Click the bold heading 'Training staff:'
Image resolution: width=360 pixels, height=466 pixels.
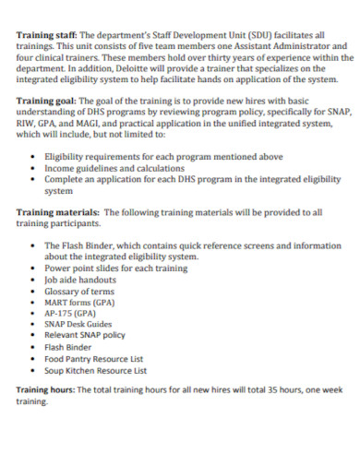point(44,36)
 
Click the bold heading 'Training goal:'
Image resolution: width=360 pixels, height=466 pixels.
point(44,102)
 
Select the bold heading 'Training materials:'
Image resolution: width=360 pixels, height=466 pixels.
point(54,211)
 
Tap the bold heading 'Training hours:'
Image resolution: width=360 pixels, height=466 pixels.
point(46,389)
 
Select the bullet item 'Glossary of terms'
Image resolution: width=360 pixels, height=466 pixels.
point(79,291)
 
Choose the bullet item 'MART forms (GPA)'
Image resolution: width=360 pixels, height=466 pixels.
point(80,302)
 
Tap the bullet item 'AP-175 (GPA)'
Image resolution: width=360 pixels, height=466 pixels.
point(70,313)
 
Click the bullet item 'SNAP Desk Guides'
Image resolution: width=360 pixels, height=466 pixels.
point(78,325)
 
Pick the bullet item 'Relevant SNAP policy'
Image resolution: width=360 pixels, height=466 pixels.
point(85,336)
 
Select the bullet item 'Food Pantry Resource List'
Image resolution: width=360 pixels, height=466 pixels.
point(94,358)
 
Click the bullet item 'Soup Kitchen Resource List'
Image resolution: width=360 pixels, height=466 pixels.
point(96,369)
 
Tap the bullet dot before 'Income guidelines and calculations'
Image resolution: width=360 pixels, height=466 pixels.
point(33,170)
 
